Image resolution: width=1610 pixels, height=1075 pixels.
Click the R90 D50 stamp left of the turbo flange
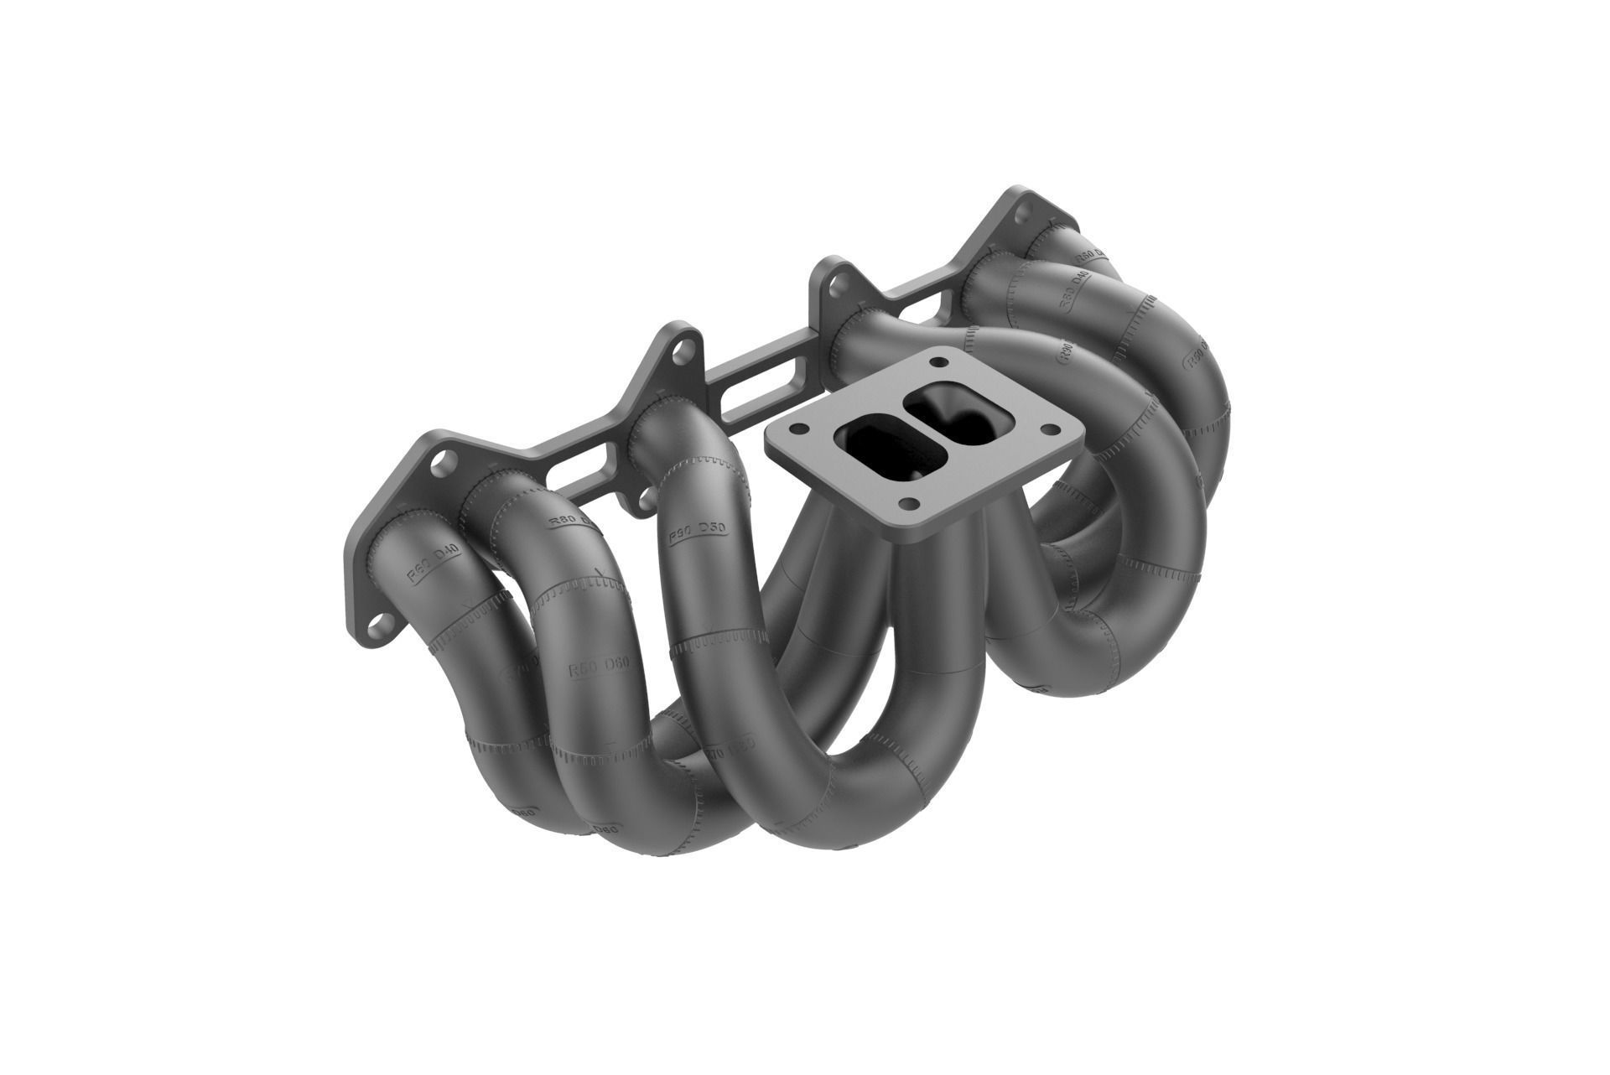tap(695, 532)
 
